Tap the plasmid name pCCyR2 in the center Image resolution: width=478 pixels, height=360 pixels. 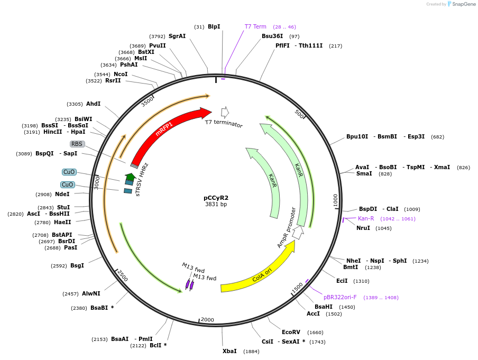pos(216,198)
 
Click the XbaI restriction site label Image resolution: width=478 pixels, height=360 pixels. pos(229,351)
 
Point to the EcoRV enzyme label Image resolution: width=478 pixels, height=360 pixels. pos(291,332)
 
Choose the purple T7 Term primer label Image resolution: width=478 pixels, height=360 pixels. pos(255,26)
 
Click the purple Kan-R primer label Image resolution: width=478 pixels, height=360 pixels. pos(366,218)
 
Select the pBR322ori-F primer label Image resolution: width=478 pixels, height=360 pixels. pos(340,297)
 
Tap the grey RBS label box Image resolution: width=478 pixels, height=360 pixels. pos(77,144)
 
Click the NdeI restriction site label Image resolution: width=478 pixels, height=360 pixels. pos(62,194)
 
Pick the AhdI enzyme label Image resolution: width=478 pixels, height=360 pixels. pos(93,104)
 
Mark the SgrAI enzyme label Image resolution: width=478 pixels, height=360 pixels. pos(177,36)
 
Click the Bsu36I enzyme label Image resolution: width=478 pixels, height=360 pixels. pos(272,36)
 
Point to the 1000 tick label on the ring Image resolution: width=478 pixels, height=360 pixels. pos(335,200)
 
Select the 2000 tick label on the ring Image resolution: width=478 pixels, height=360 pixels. pos(207,320)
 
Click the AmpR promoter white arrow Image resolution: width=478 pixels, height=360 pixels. pos(298,232)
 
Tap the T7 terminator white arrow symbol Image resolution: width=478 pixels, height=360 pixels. pos(225,112)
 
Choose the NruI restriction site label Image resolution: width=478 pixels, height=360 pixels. pos(363,228)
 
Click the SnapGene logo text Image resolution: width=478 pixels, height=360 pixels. pos(464,4)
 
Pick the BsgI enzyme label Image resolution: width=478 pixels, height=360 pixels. pos(77,265)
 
